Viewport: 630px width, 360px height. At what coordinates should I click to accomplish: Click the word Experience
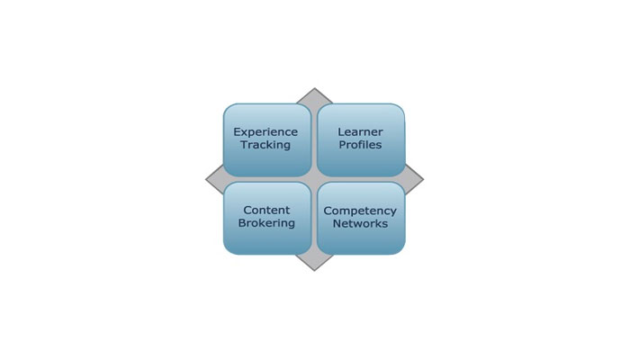coord(265,132)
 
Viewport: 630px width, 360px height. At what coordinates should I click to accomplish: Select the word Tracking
coord(265,145)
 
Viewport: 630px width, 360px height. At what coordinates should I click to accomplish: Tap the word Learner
coord(360,131)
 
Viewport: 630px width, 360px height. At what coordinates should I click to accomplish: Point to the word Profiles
coord(360,145)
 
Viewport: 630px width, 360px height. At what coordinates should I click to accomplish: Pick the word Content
coord(266,210)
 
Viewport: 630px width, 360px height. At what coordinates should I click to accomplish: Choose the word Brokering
coord(266,223)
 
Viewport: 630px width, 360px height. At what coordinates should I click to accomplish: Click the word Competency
coord(360,211)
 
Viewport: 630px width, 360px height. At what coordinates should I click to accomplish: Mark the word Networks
coord(360,224)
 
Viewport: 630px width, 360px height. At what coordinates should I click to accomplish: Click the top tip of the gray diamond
coord(314,88)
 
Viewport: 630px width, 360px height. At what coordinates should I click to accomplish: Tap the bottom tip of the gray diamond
coord(314,271)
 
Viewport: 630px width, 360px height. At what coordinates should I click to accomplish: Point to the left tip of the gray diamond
coord(206,180)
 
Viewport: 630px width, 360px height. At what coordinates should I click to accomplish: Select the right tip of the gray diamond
coord(424,180)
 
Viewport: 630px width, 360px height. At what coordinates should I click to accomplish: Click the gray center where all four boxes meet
coord(314,180)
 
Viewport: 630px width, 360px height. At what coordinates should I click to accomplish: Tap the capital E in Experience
coord(237,131)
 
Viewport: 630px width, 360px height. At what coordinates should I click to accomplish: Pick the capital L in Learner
coord(341,131)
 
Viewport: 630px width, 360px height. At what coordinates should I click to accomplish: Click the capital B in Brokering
coord(241,223)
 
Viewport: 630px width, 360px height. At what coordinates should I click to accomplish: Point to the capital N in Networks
coord(337,224)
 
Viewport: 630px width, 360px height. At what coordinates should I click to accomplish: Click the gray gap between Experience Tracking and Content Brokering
coord(267,180)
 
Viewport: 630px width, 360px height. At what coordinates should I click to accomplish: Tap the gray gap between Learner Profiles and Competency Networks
coord(361,180)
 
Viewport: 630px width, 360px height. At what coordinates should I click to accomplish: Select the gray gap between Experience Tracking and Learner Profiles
coord(314,140)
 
